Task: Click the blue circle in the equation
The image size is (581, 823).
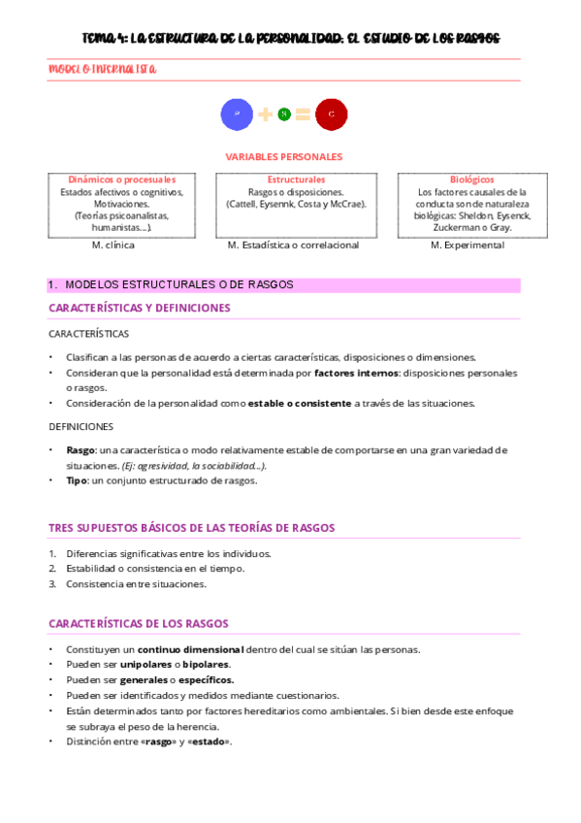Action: click(238, 115)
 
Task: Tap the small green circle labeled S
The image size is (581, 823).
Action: click(284, 115)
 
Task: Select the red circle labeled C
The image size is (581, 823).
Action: click(332, 115)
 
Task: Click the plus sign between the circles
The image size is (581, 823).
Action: click(265, 115)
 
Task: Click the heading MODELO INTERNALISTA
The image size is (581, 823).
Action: click(103, 70)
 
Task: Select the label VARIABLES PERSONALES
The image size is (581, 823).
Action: click(284, 156)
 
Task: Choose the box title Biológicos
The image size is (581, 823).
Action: click(471, 180)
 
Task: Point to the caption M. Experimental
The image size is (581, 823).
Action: click(467, 246)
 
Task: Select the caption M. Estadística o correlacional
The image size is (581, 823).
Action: click(293, 246)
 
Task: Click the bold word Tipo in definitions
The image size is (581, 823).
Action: click(77, 480)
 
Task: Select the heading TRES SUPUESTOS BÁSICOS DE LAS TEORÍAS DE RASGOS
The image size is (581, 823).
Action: click(191, 528)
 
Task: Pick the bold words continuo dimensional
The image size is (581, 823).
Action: click(190, 649)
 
